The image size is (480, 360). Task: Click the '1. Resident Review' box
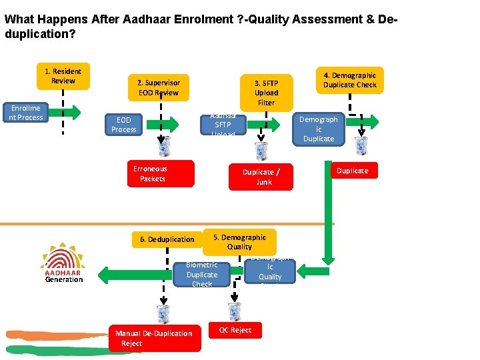pos(63,76)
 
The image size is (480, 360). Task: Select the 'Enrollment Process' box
pos(26,113)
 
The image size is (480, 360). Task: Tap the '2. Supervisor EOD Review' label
pos(158,88)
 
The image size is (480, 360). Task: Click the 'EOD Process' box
pos(123,125)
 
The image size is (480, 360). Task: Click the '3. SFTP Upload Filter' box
pos(266,93)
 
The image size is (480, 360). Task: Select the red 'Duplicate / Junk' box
pos(261,177)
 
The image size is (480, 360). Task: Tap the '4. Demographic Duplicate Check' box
pos(349,80)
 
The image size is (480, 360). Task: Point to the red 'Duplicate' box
pos(352,171)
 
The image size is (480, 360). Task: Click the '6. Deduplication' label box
pos(167,239)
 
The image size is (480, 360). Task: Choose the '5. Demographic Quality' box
pos(239,241)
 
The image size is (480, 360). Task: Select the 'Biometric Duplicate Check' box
pos(201,274)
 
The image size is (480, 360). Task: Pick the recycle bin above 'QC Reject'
pos(235,311)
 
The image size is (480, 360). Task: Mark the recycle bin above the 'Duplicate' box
pos(361,145)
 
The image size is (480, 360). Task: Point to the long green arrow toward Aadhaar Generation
pos(133,272)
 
